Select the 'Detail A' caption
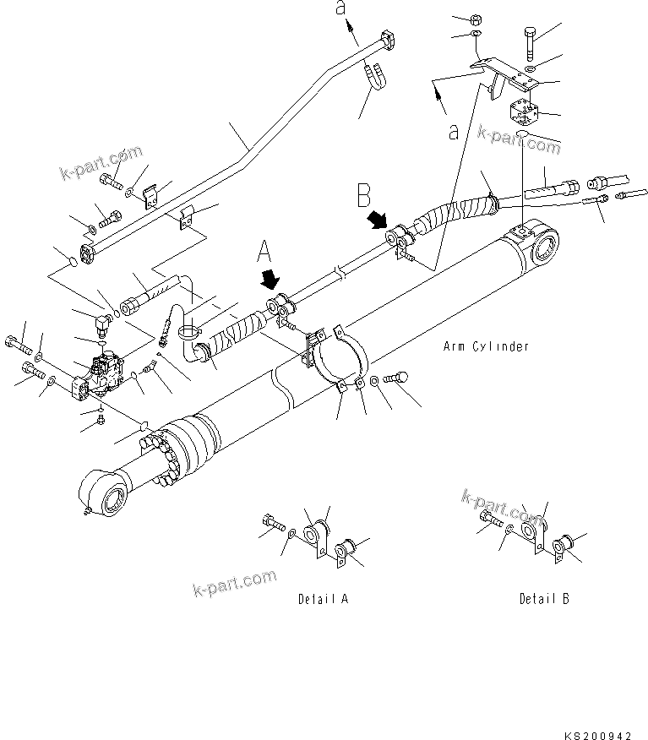tap(323, 599)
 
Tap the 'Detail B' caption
tap(544, 599)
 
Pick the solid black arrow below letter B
tap(376, 222)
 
